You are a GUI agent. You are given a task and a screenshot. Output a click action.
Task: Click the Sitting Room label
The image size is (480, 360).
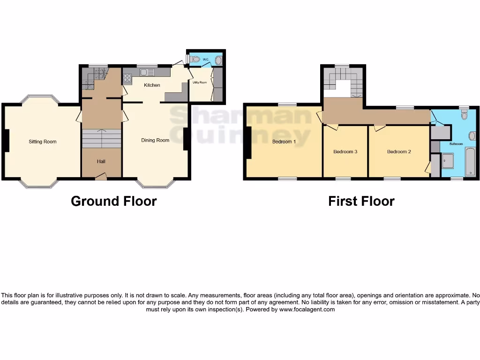click(42, 142)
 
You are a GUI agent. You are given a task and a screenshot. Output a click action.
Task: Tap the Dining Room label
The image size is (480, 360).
click(155, 140)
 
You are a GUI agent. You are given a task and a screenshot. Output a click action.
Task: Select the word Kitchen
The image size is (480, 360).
click(152, 85)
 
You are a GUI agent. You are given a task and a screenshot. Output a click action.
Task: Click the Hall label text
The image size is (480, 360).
click(101, 162)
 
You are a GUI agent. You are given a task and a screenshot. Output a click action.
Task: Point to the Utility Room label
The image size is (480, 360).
click(200, 82)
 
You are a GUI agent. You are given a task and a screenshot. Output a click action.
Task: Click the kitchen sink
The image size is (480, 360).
click(146, 72)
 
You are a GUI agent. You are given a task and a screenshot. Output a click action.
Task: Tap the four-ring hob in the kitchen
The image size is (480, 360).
click(127, 78)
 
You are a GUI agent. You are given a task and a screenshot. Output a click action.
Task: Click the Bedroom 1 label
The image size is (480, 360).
click(284, 142)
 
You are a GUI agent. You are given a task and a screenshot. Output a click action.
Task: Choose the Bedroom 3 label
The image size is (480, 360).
click(345, 152)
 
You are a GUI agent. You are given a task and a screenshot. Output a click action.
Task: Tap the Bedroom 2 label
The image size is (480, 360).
click(399, 152)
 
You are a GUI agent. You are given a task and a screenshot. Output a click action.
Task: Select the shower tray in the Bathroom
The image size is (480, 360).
click(447, 162)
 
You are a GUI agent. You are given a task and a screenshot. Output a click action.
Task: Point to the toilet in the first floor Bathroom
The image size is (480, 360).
click(464, 115)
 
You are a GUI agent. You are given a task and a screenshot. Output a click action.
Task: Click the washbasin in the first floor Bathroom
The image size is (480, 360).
click(472, 136)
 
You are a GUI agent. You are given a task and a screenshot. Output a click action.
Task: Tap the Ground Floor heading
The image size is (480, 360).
click(113, 201)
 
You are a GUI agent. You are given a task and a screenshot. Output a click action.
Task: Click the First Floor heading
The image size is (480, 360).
click(361, 201)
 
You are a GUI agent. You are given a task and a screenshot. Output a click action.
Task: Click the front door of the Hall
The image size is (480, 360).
click(100, 177)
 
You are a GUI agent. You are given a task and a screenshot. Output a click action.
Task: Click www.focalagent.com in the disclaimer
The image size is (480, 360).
click(307, 309)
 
